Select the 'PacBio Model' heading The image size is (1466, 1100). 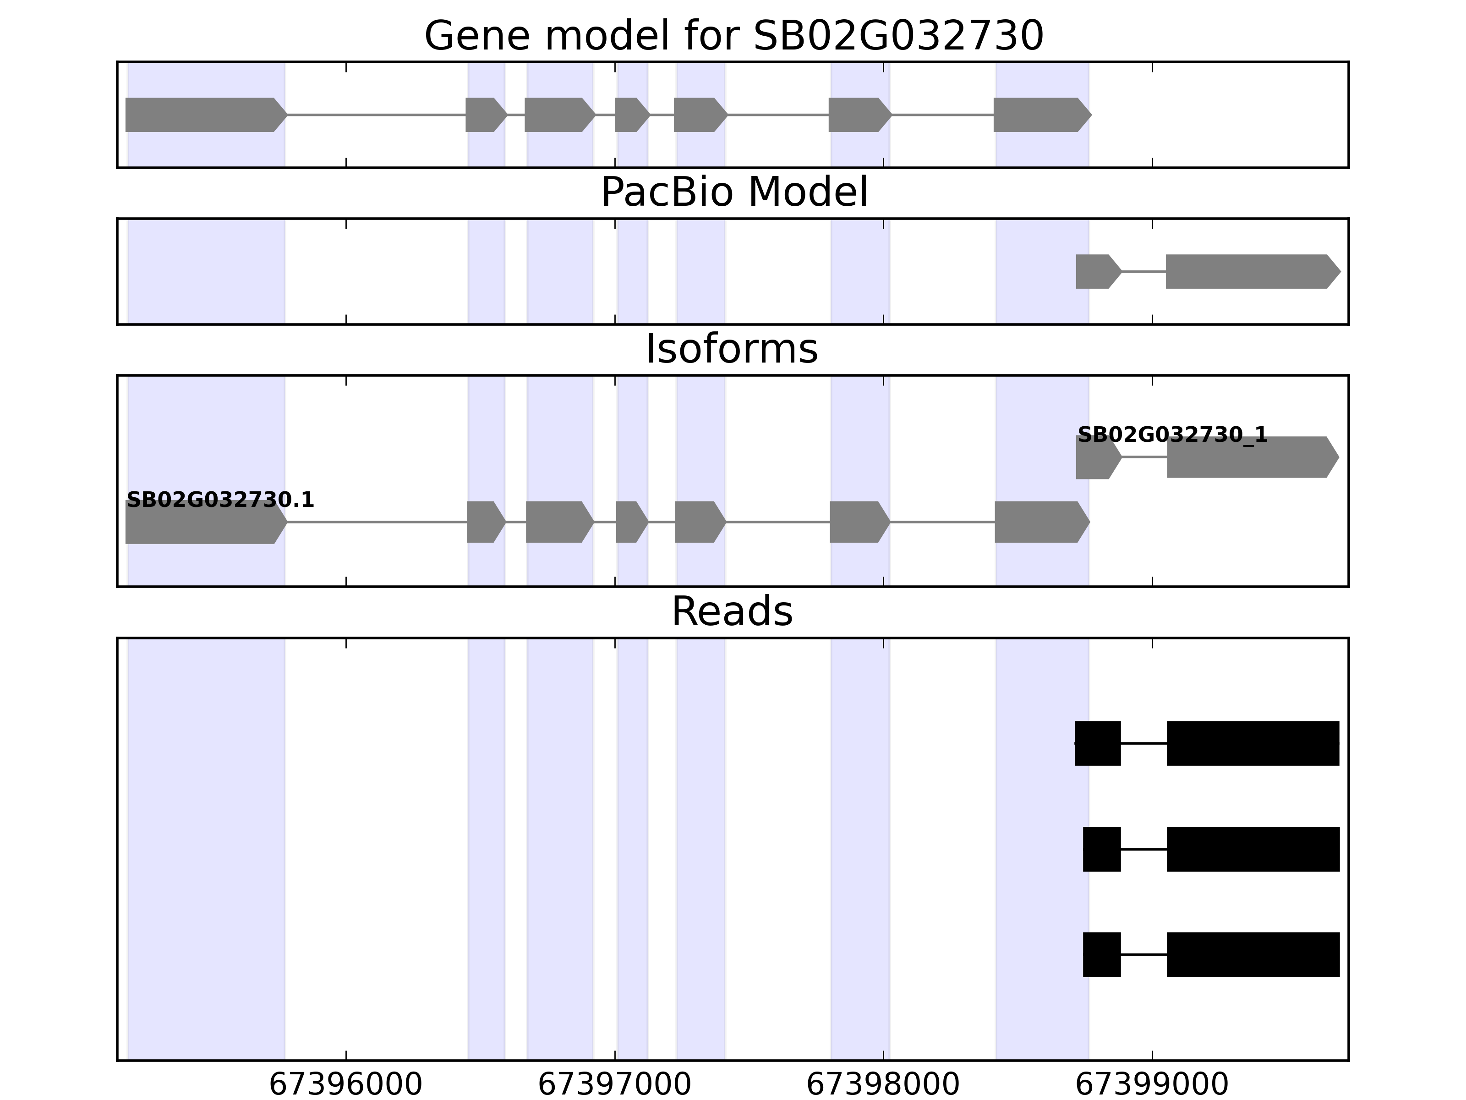[x=733, y=192]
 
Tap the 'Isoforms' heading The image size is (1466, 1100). [x=732, y=349]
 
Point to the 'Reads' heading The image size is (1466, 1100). [x=732, y=611]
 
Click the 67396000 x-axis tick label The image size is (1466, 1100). [x=345, y=1085]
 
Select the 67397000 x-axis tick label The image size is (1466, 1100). [x=614, y=1085]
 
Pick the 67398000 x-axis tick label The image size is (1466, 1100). [x=883, y=1085]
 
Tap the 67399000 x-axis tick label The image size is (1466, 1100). [x=1152, y=1085]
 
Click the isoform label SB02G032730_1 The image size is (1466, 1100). [x=1172, y=435]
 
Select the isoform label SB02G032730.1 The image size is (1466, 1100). [x=220, y=500]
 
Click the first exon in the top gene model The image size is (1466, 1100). [x=202, y=115]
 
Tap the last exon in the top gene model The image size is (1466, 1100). [x=1039, y=115]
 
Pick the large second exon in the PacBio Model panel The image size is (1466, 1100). [x=1249, y=271]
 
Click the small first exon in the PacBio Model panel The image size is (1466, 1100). [x=1095, y=271]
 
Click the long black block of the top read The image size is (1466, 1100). [x=1253, y=743]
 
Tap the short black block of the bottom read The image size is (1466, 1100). [x=1101, y=955]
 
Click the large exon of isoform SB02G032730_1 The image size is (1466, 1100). [x=1249, y=457]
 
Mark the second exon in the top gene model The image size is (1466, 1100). [x=484, y=115]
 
